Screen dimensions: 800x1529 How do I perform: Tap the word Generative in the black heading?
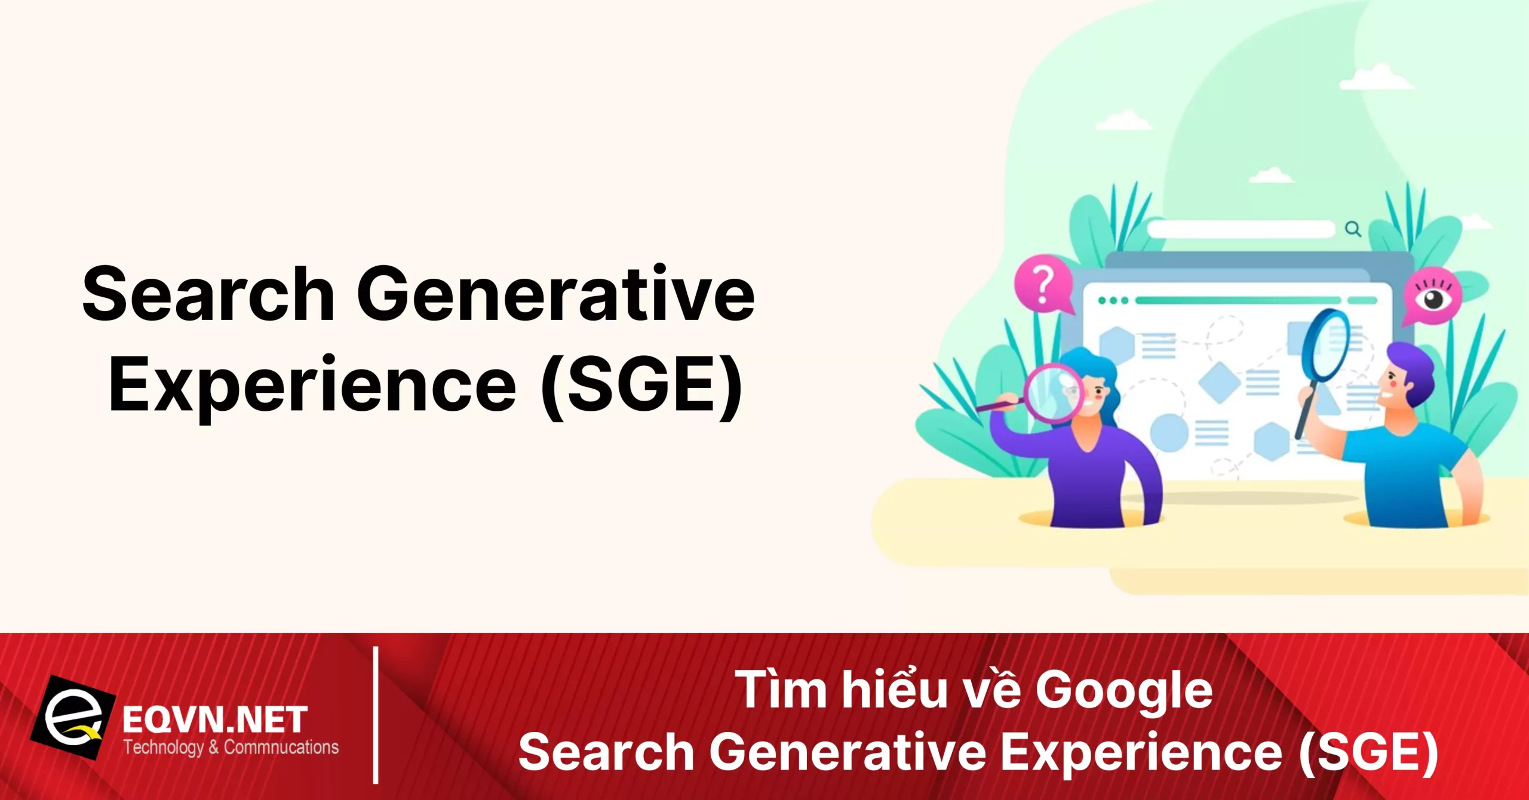click(555, 294)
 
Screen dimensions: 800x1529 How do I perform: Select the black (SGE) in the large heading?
click(641, 385)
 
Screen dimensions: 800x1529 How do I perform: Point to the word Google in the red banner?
click(1123, 690)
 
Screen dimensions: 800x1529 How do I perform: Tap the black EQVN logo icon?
click(73, 718)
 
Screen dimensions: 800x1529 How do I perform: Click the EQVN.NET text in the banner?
click(215, 720)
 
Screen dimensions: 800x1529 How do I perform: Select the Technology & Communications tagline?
click(231, 747)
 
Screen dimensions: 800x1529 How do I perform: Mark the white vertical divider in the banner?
click(376, 715)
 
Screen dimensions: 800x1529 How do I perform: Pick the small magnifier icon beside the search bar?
click(1353, 229)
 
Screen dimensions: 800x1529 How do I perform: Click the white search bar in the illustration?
click(1241, 229)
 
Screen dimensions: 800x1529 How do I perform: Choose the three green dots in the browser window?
click(1113, 300)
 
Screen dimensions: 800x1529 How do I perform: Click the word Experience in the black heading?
click(312, 385)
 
